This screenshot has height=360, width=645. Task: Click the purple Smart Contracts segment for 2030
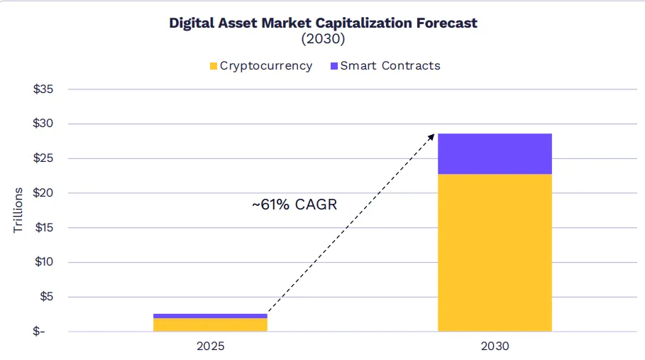point(495,153)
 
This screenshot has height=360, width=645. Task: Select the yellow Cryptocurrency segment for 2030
point(495,253)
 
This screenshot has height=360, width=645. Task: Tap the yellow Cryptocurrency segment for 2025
point(210,324)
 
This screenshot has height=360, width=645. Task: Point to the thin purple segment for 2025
point(210,315)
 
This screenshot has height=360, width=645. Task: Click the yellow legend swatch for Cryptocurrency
point(213,66)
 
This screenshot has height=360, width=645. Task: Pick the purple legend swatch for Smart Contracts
point(333,66)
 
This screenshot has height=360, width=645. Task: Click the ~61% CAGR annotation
point(294,205)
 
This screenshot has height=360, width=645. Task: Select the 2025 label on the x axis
point(210,347)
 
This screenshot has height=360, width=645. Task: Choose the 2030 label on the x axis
point(495,347)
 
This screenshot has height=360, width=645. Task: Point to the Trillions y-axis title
point(18,211)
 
